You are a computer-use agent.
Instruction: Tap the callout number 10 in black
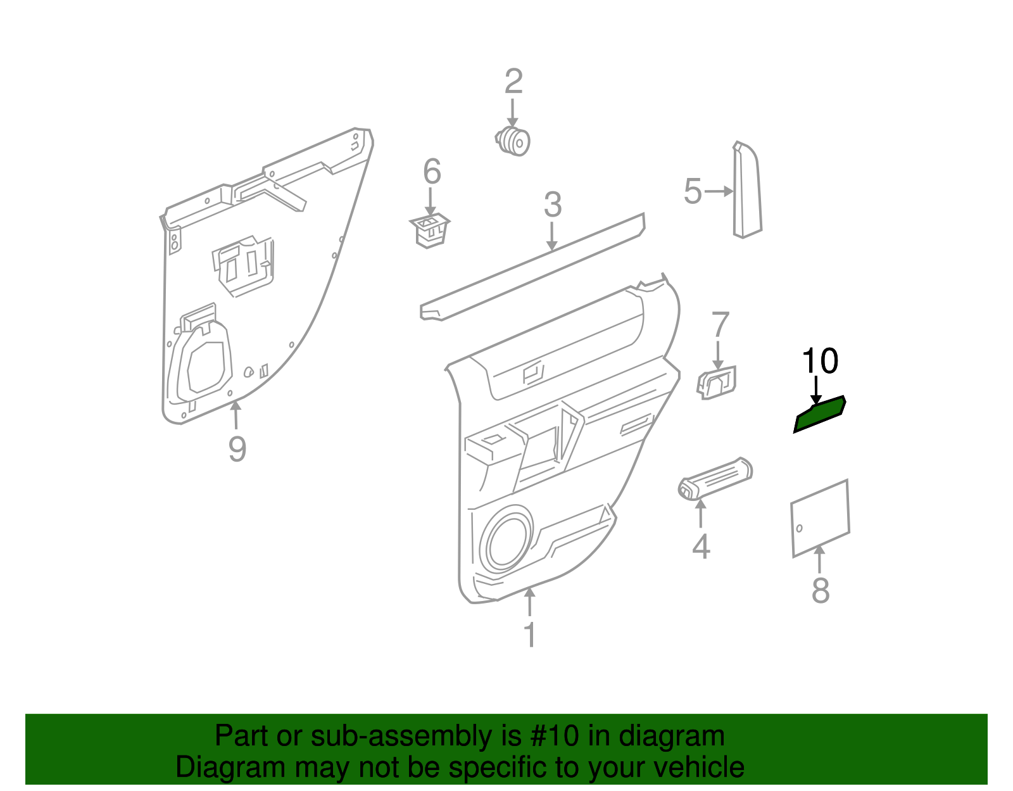click(819, 361)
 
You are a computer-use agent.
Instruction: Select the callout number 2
click(513, 82)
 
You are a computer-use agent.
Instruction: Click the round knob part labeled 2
click(513, 142)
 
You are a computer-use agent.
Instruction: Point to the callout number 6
click(432, 172)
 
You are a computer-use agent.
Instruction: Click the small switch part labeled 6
click(429, 231)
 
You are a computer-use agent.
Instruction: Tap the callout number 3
click(553, 205)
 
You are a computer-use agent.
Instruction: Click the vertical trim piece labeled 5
click(747, 190)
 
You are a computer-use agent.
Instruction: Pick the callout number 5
click(693, 191)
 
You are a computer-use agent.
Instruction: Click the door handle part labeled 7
click(717, 383)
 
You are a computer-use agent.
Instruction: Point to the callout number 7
click(720, 325)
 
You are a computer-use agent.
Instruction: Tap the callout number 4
click(701, 546)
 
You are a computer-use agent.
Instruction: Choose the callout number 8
click(821, 590)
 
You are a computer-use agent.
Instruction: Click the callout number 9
click(237, 448)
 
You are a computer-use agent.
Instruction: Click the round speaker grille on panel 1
click(505, 537)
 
